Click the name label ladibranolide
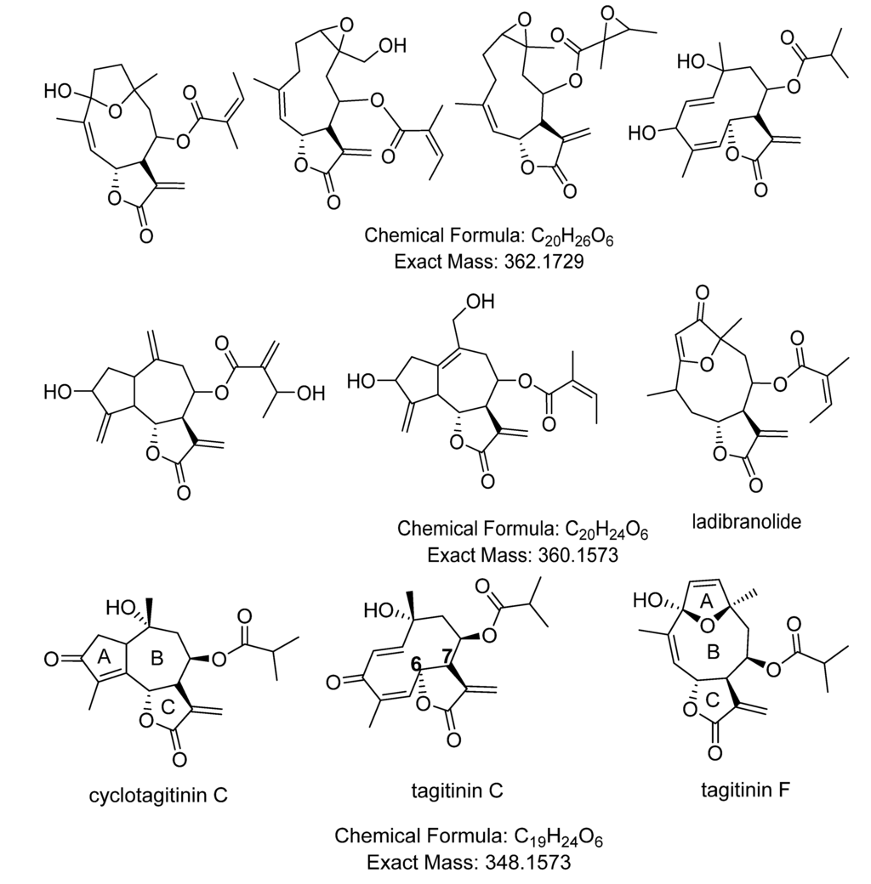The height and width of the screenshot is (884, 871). click(747, 523)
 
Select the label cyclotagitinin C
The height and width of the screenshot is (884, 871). click(158, 796)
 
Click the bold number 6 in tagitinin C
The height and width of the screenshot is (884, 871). click(417, 665)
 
